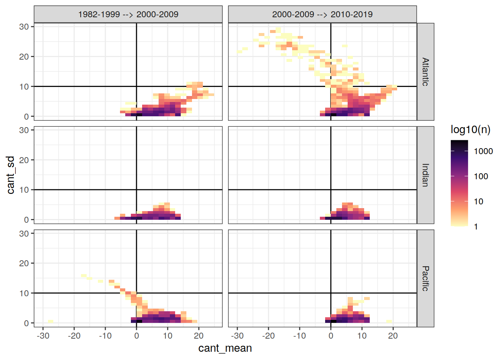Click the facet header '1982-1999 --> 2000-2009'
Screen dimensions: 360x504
(x=128, y=14)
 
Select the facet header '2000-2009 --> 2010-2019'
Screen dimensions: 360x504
(x=322, y=14)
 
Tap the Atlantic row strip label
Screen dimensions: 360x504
(x=425, y=72)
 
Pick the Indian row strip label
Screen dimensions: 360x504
(x=425, y=175)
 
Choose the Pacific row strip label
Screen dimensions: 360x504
(x=425, y=278)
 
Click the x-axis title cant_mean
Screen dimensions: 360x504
(x=225, y=348)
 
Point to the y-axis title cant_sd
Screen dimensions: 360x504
(x=11, y=175)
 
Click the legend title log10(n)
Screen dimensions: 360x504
(x=470, y=130)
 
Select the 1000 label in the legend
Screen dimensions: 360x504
(x=483, y=151)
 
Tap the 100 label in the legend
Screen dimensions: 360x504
(x=481, y=177)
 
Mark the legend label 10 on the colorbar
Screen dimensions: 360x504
(x=478, y=202)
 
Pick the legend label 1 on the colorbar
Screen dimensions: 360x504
(x=476, y=227)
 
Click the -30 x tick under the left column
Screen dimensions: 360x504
(x=43, y=336)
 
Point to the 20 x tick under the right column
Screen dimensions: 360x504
(x=393, y=336)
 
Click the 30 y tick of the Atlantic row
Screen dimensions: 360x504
(x=24, y=27)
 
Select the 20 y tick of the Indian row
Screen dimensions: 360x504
(x=24, y=160)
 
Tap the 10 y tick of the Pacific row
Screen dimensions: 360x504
(x=24, y=293)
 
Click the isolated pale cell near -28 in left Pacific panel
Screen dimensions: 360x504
(x=50, y=321)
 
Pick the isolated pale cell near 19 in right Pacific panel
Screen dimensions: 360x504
(x=389, y=321)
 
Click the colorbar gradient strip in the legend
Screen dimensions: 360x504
(x=459, y=183)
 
